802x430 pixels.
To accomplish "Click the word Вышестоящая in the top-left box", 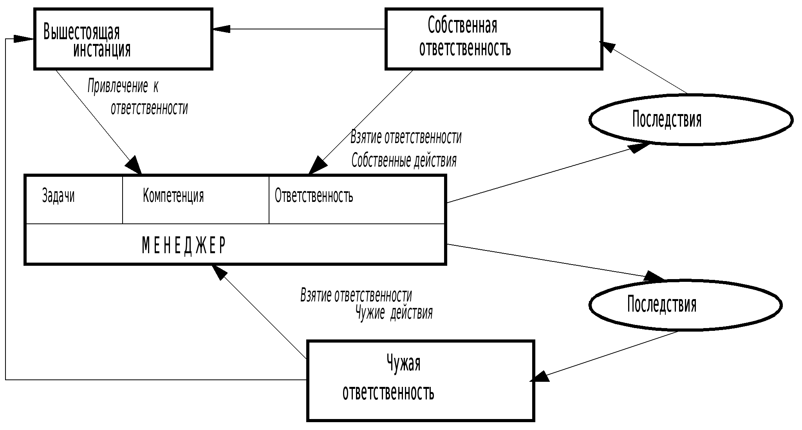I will click(x=81, y=32).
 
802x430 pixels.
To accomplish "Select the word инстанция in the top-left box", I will click(x=102, y=50).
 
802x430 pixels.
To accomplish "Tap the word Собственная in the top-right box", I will click(x=462, y=25).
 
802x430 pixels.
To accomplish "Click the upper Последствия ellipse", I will click(x=691, y=120).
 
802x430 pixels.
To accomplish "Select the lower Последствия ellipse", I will click(x=685, y=305).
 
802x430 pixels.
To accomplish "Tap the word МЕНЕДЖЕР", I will click(x=184, y=245).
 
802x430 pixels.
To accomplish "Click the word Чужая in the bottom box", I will click(x=403, y=363).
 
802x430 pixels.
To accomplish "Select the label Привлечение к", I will click(x=123, y=86).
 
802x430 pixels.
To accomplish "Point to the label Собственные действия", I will click(x=404, y=160).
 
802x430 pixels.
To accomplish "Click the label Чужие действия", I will click(x=394, y=313).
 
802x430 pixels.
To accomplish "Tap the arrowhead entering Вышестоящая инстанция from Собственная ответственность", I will click(x=221, y=29).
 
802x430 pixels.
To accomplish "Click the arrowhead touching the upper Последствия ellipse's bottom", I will click(x=638, y=148).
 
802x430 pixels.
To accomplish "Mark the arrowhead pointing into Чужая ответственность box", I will click(x=540, y=377).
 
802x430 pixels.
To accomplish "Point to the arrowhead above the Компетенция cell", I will click(x=134, y=165).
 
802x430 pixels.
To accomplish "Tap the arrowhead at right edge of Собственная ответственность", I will click(x=607, y=47).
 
